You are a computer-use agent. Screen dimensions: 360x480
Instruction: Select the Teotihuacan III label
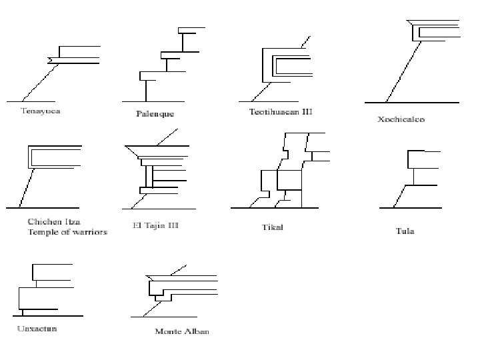point(280,111)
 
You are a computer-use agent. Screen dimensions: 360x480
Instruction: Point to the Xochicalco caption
point(401,120)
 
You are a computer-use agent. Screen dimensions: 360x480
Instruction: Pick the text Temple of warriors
point(67,232)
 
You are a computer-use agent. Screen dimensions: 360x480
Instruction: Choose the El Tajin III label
point(151,225)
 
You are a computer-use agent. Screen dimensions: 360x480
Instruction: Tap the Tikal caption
point(272,227)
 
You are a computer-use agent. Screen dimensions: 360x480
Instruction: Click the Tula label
point(404,231)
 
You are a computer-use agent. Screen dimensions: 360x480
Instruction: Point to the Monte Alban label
point(181,331)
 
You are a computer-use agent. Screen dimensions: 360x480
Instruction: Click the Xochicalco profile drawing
point(413,60)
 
